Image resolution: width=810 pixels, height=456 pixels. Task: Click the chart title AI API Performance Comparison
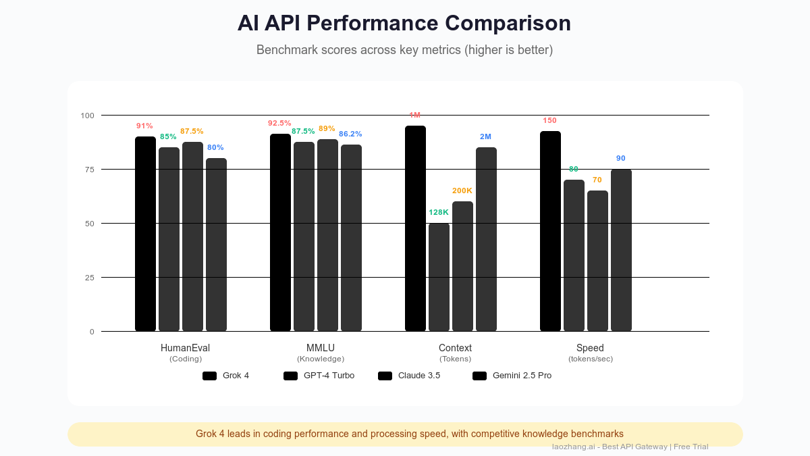(x=404, y=23)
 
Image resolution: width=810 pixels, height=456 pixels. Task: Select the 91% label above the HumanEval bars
(x=144, y=126)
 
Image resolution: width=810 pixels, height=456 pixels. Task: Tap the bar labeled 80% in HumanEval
(x=216, y=245)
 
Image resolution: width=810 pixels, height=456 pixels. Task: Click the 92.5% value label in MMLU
(x=279, y=123)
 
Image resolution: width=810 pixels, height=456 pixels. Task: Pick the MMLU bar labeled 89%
(x=327, y=235)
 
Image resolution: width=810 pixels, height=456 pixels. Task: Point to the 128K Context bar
(x=439, y=277)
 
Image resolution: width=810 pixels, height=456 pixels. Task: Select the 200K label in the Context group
(x=462, y=191)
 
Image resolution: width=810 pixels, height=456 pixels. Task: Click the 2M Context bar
(x=486, y=239)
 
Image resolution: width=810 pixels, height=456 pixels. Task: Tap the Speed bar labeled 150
(x=550, y=231)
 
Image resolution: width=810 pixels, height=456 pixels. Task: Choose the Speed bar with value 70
(x=597, y=261)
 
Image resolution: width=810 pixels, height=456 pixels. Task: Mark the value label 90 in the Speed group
(x=621, y=158)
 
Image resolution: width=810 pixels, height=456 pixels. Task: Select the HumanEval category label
(x=185, y=348)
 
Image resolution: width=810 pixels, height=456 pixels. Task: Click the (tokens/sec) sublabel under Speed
(x=591, y=359)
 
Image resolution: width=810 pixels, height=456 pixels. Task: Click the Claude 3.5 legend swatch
(x=385, y=376)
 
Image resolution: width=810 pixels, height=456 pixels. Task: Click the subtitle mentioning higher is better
(x=404, y=50)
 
